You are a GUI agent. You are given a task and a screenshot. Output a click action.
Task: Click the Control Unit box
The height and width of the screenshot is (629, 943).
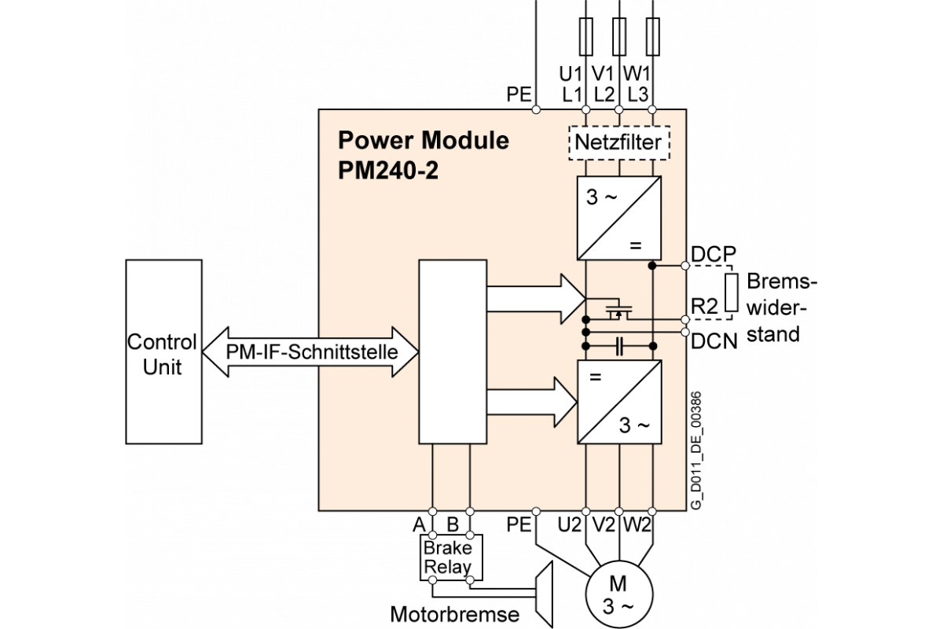pyautogui.click(x=163, y=351)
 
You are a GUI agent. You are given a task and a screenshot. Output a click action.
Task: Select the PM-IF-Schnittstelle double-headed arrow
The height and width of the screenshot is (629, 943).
pyautogui.click(x=311, y=351)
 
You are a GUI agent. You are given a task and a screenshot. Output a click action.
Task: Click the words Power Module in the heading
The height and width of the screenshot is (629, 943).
pyautogui.click(x=423, y=141)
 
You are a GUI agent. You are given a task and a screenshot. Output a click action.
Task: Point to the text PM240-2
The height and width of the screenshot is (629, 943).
pyautogui.click(x=388, y=171)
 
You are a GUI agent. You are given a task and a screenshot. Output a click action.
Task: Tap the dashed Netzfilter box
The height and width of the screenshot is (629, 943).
pyautogui.click(x=618, y=143)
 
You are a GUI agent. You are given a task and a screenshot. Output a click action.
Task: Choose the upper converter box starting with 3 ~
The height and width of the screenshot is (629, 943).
pyautogui.click(x=618, y=218)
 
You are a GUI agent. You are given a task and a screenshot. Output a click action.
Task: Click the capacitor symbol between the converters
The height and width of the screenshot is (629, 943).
pyautogui.click(x=619, y=345)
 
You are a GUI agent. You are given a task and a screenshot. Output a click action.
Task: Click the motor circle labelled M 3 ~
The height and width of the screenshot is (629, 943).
pyautogui.click(x=618, y=594)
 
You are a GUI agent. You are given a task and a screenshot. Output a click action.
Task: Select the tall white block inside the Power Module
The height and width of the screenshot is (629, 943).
pyautogui.click(x=453, y=351)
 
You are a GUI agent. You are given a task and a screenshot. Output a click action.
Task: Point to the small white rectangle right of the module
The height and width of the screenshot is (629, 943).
pyautogui.click(x=731, y=292)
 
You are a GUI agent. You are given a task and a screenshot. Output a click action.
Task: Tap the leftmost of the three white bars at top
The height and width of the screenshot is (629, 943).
pyautogui.click(x=585, y=37)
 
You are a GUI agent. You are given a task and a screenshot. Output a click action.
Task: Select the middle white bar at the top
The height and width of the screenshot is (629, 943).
pyautogui.click(x=618, y=37)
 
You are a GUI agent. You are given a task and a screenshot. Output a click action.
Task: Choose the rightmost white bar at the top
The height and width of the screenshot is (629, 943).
pyautogui.click(x=651, y=37)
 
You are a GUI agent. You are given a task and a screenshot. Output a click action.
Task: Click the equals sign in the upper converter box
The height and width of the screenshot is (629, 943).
pyautogui.click(x=635, y=245)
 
